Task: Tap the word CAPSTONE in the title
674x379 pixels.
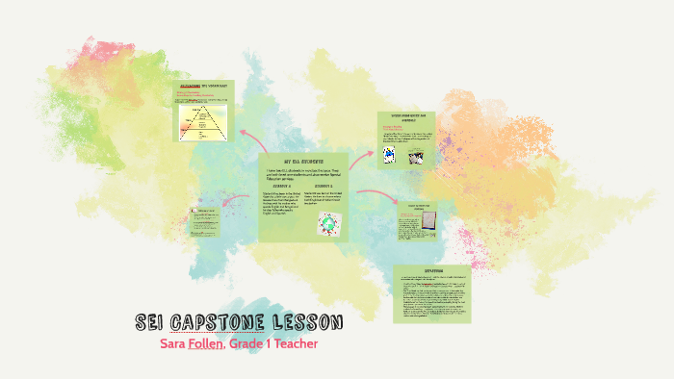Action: (222, 321)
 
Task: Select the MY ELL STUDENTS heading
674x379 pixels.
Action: (303, 160)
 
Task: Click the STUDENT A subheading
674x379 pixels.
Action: (275, 185)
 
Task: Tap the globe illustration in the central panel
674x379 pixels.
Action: (327, 223)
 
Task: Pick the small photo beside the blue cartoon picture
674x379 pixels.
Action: (418, 155)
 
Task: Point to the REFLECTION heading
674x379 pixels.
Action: (432, 271)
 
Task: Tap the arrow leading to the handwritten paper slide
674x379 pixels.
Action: (376, 197)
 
